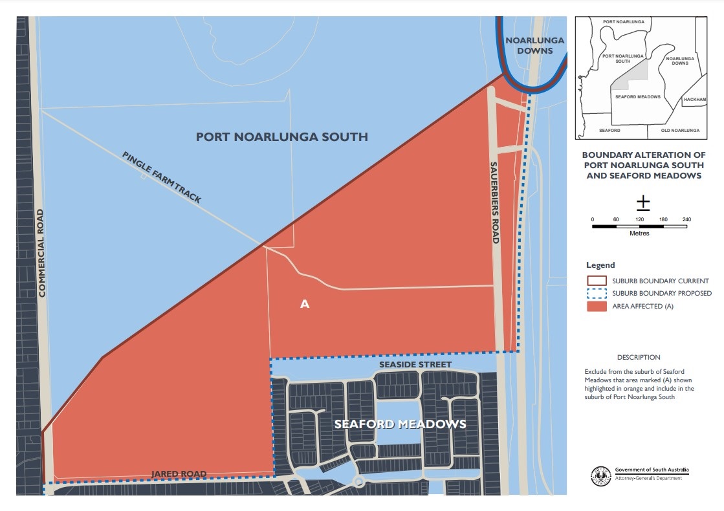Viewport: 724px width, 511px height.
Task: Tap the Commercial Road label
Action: click(x=43, y=253)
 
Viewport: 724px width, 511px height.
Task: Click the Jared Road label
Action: click(x=179, y=474)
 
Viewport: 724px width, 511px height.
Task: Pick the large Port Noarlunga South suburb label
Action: click(x=281, y=136)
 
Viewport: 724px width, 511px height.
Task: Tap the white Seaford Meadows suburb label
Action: click(x=399, y=424)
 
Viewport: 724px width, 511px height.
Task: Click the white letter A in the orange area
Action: click(x=305, y=303)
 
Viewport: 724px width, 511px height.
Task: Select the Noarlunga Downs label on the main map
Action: click(x=534, y=45)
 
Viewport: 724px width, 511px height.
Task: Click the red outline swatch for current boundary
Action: click(x=597, y=281)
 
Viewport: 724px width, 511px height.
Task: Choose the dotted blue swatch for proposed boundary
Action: click(x=597, y=294)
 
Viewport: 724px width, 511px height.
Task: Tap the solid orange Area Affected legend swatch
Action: click(x=597, y=307)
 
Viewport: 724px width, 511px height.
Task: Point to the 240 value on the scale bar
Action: click(x=686, y=220)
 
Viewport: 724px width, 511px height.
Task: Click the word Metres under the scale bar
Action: click(x=639, y=234)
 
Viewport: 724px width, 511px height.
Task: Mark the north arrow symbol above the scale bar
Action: click(x=642, y=203)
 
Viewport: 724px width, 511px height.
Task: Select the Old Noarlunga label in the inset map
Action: click(x=679, y=131)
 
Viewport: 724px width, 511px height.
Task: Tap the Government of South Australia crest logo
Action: click(x=600, y=475)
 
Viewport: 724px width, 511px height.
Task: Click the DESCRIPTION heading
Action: click(x=639, y=357)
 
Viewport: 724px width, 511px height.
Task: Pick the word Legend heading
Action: click(x=600, y=265)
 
